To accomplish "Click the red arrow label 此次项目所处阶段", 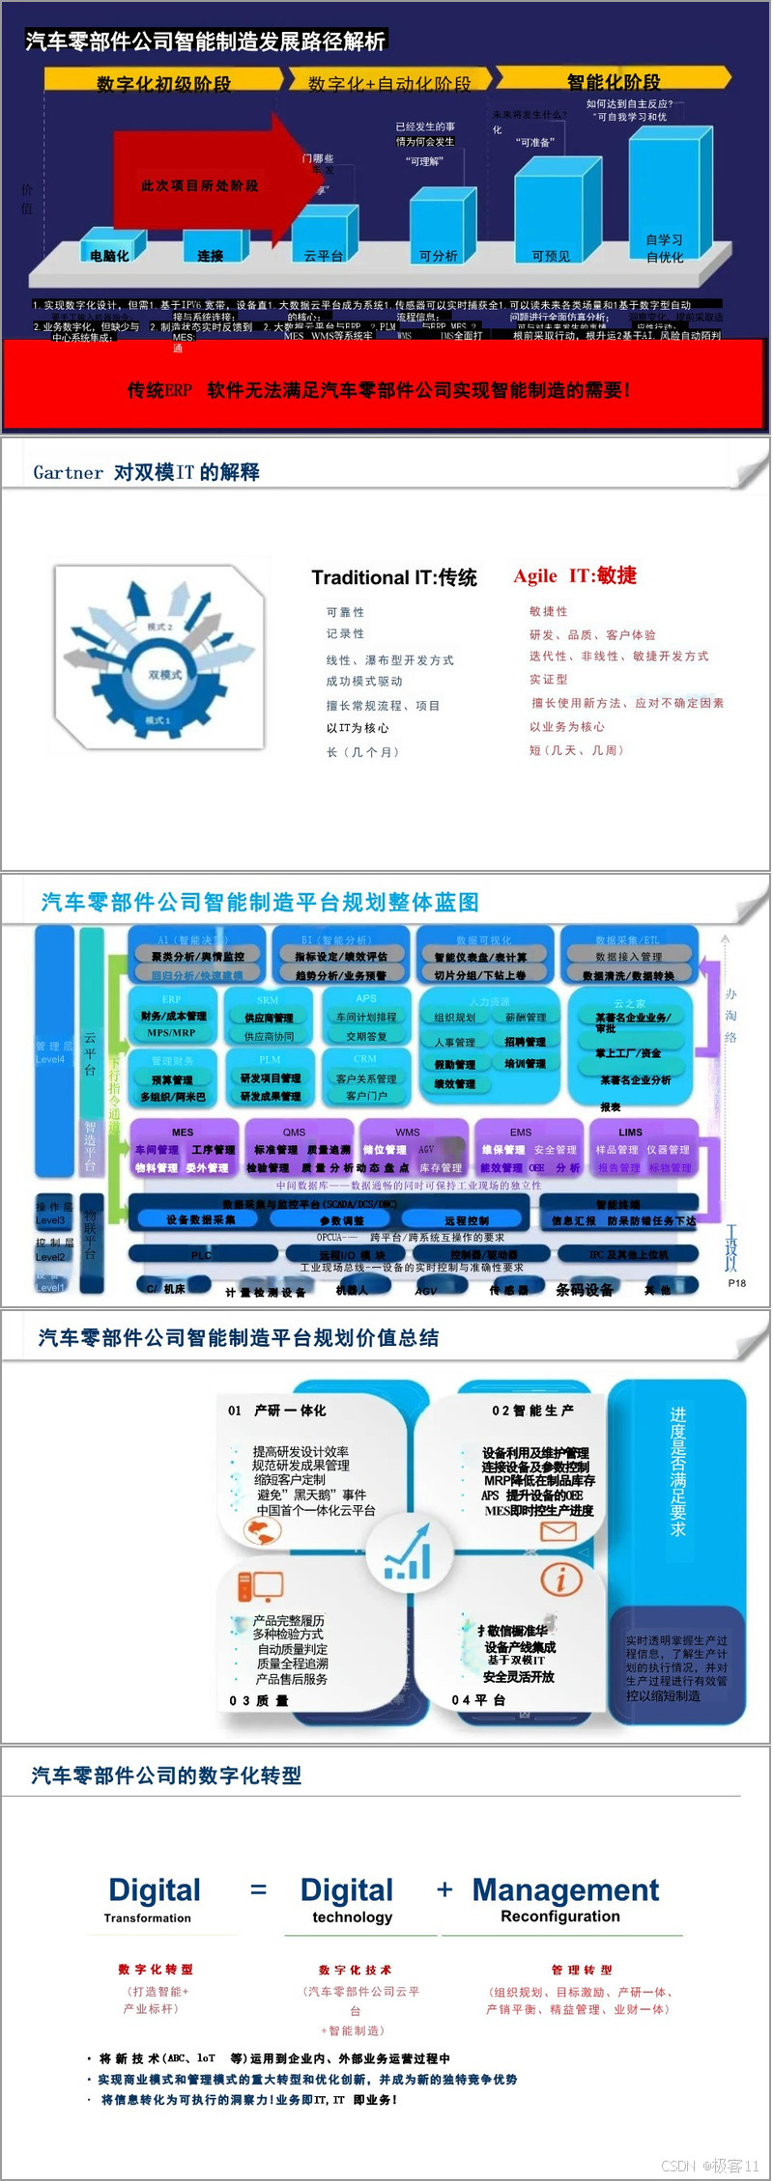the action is pyautogui.click(x=199, y=185).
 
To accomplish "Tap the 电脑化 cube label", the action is pyautogui.click(x=109, y=256).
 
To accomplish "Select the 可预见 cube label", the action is pyautogui.click(x=551, y=256).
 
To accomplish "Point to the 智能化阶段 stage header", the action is pyautogui.click(x=613, y=82).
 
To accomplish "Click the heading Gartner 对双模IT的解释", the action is pyautogui.click(x=146, y=472).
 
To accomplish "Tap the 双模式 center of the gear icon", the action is pyautogui.click(x=164, y=674).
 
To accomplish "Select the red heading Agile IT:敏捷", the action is pyautogui.click(x=575, y=576).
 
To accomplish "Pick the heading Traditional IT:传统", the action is pyautogui.click(x=394, y=577).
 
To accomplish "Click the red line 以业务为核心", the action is pyautogui.click(x=567, y=727).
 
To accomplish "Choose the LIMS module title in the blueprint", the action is pyautogui.click(x=630, y=1132).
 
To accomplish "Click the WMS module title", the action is pyautogui.click(x=408, y=1132).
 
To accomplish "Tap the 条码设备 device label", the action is pyautogui.click(x=584, y=1290).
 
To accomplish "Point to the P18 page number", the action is pyautogui.click(x=737, y=1283).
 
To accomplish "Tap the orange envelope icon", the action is pyautogui.click(x=558, y=1530).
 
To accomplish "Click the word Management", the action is pyautogui.click(x=565, y=1889).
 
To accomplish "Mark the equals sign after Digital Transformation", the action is pyautogui.click(x=258, y=1888).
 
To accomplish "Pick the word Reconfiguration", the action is pyautogui.click(x=560, y=1916).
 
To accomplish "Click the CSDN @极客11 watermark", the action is pyautogui.click(x=710, y=2166).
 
